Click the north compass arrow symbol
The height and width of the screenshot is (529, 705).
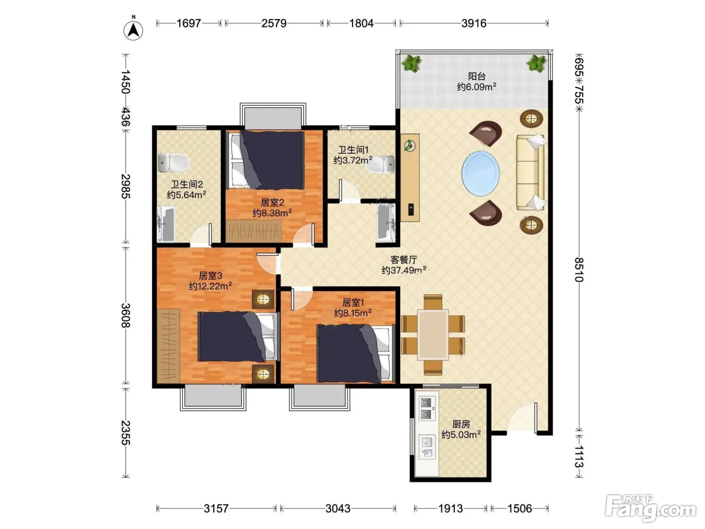click(133, 31)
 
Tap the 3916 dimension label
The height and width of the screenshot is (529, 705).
click(474, 23)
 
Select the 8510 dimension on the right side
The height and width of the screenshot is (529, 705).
click(579, 270)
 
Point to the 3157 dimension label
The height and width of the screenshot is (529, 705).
click(216, 508)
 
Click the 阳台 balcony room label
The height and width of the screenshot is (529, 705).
click(477, 77)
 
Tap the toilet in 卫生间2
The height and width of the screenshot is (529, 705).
click(173, 163)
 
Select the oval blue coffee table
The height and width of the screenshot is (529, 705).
click(480, 173)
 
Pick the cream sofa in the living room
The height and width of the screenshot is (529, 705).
click(530, 173)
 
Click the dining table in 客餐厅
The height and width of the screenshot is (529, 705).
click(433, 335)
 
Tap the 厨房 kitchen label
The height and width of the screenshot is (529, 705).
click(461, 424)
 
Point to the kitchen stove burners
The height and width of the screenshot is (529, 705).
click(426, 409)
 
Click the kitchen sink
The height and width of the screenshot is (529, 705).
click(427, 447)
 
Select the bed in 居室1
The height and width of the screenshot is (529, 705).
click(355, 354)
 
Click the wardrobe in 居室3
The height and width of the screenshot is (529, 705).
click(168, 346)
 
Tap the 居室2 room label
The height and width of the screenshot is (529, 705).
click(272, 203)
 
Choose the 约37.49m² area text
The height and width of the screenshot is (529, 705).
click(404, 271)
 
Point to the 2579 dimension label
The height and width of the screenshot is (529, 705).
click(273, 23)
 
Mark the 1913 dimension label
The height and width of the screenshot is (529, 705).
click(451, 508)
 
